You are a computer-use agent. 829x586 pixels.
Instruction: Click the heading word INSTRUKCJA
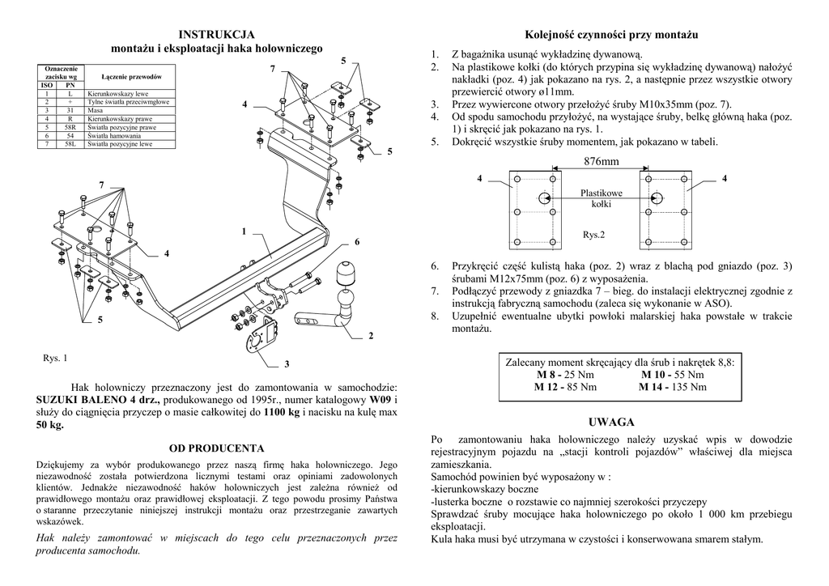tap(216, 34)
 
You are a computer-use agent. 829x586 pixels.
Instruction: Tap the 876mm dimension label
tap(600, 162)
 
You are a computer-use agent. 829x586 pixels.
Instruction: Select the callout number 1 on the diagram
tap(242, 232)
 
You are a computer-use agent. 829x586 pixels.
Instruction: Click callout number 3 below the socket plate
tap(286, 363)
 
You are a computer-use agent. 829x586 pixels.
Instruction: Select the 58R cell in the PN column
tap(70, 127)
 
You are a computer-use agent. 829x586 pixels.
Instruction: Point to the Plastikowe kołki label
tap(602, 198)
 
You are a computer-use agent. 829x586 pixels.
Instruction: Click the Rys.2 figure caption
tap(594, 235)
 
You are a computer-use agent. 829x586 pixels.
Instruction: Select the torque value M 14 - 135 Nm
tap(672, 387)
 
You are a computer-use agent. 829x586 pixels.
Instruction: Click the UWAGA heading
tap(612, 423)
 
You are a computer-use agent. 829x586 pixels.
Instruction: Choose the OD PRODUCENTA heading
tap(216, 447)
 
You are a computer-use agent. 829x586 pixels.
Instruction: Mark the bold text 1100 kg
tap(283, 412)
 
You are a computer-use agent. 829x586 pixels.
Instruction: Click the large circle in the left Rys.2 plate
tap(542, 197)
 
